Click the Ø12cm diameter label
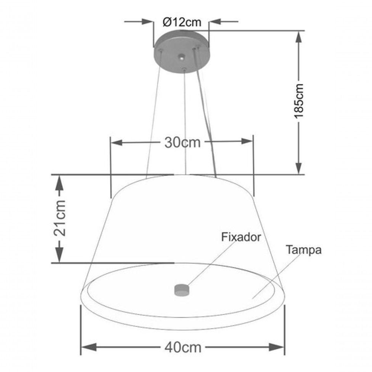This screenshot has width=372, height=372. coord(182,22)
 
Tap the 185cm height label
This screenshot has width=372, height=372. coord(299,100)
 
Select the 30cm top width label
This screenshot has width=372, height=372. coord(182,142)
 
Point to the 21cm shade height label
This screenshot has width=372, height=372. coord(60,218)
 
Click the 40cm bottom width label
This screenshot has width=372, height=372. coord(183,347)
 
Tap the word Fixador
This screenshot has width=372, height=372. coord(241,237)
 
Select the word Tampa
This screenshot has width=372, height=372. coord(304,250)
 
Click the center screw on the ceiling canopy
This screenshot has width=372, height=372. coord(181,58)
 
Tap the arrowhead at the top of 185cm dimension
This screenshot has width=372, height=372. coord(299,36)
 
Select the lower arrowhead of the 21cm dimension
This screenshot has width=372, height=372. coord(59,256)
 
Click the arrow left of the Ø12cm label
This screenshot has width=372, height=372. coord(148,22)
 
